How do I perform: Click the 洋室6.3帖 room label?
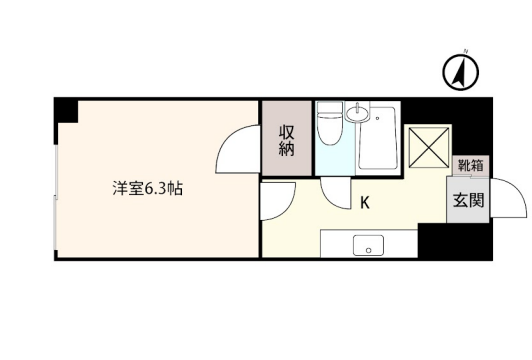tap(148, 189)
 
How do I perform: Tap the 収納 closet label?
tap(287, 140)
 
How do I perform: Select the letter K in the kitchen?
tap(365, 203)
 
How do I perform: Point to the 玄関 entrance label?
tap(468, 200)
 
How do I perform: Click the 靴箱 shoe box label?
tap(471, 166)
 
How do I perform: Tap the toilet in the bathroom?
tap(330, 123)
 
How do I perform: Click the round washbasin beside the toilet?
tap(357, 112)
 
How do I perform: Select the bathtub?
tap(378, 138)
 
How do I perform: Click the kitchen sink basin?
tap(368, 245)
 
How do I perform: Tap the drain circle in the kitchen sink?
tap(368, 251)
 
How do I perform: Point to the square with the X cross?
tap(429, 147)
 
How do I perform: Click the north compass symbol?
tap(460, 72)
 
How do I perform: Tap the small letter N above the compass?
tap(466, 51)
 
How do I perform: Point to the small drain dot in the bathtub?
tap(377, 118)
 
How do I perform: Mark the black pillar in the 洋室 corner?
tap(66, 111)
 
